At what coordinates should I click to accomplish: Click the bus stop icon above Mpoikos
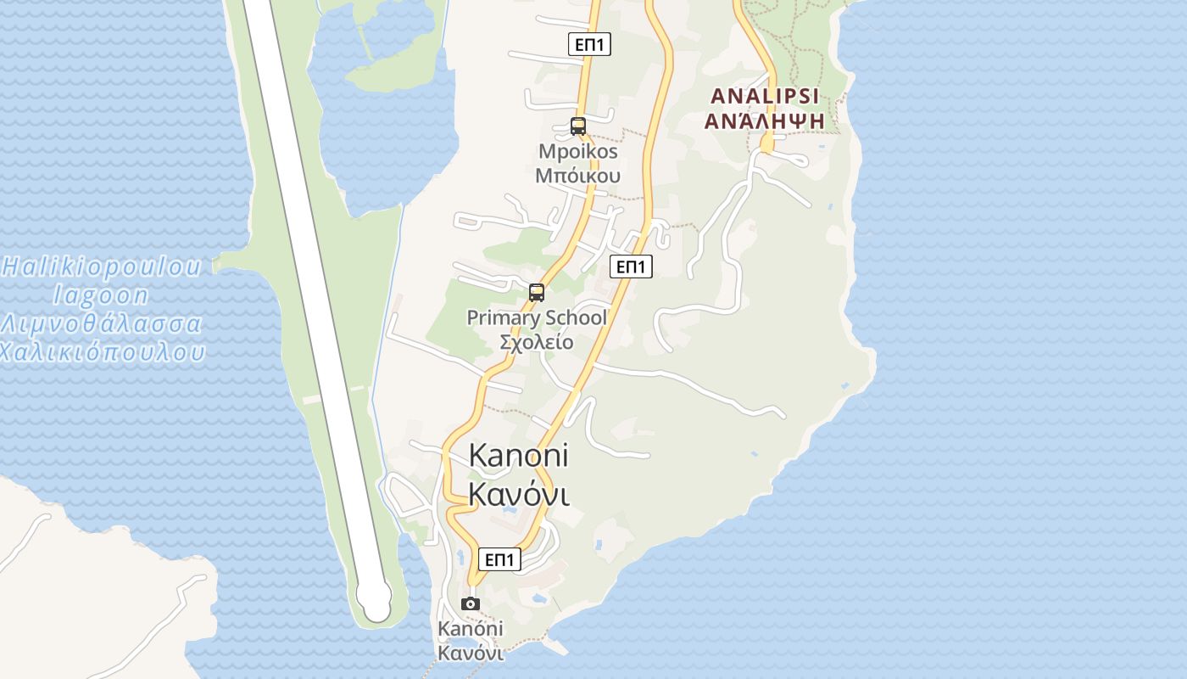[578, 126]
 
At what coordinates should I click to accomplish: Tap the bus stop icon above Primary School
[537, 293]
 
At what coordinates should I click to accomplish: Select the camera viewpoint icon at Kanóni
[471, 603]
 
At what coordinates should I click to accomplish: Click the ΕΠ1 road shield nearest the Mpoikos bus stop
[589, 44]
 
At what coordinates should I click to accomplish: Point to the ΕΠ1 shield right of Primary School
[631, 267]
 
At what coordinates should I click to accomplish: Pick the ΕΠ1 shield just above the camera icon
[499, 559]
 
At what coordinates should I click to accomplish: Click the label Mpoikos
[578, 152]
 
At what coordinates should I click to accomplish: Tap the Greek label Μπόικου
[578, 176]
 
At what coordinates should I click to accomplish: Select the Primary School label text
[537, 318]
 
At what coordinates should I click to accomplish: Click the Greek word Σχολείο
[537, 342]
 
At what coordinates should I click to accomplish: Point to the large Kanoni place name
[518, 456]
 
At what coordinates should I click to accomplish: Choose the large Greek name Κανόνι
[518, 493]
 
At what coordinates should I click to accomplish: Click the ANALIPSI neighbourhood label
[766, 95]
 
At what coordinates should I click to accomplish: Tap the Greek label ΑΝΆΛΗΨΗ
[766, 121]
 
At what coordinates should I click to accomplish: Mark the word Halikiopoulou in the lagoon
[102, 267]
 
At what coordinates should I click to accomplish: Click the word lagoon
[102, 295]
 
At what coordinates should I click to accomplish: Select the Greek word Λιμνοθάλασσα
[102, 324]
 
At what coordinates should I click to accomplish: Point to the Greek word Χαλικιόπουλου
[102, 351]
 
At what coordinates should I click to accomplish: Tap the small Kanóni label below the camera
[471, 629]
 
